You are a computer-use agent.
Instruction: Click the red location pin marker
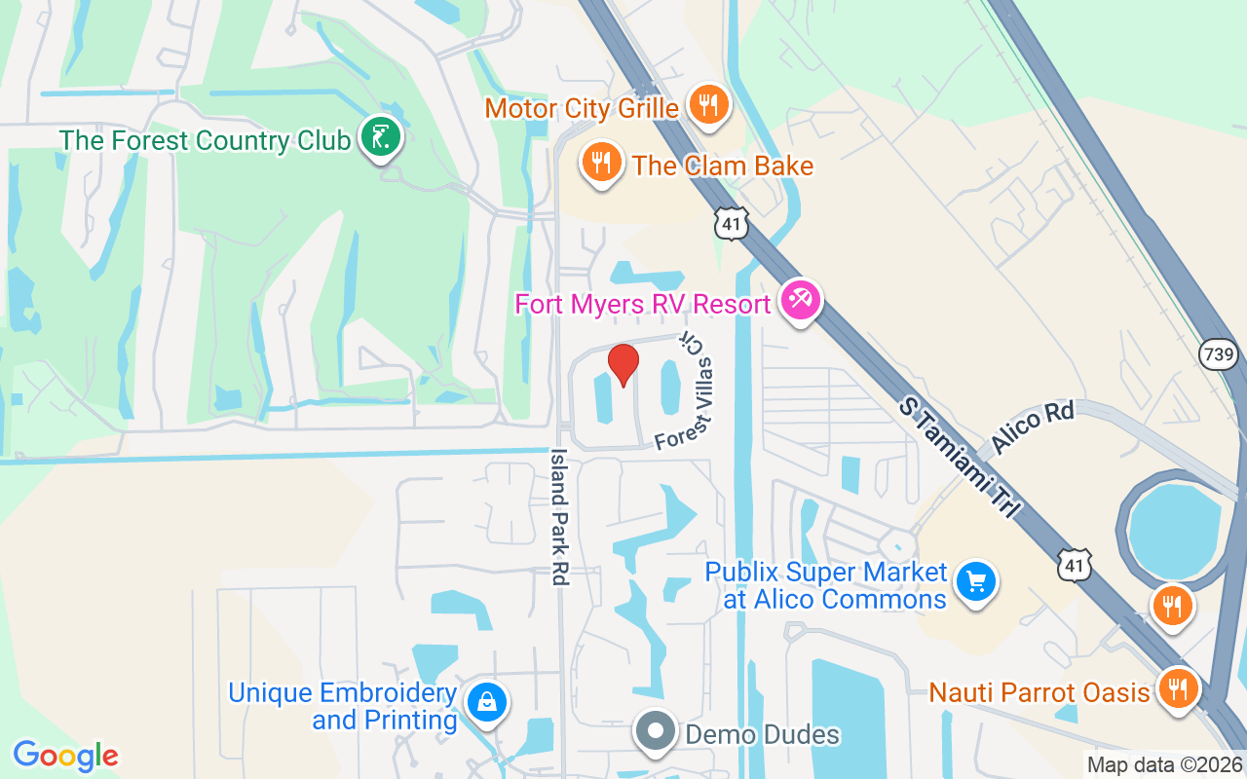click(x=623, y=364)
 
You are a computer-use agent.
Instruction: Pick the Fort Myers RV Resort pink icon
click(x=801, y=301)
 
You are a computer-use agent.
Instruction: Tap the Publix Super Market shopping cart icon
click(x=975, y=581)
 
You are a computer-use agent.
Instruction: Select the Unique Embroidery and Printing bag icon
click(x=484, y=703)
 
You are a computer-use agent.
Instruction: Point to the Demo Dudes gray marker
click(x=656, y=731)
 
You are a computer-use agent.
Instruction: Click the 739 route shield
click(x=1220, y=355)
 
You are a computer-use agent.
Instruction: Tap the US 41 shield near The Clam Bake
click(x=732, y=224)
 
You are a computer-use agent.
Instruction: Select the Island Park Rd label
click(x=559, y=516)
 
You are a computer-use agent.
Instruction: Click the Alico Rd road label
click(x=1032, y=427)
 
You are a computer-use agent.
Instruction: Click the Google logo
click(x=66, y=756)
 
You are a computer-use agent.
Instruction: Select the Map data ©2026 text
click(x=1164, y=765)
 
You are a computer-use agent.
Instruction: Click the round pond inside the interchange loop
click(x=1173, y=530)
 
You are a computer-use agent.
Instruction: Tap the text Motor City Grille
click(x=582, y=107)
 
